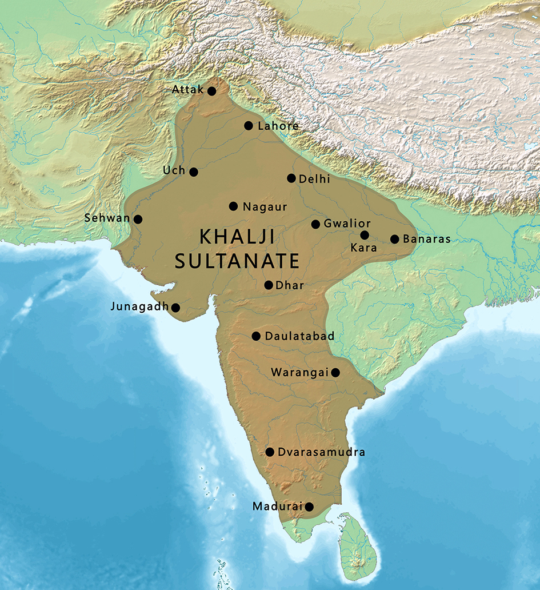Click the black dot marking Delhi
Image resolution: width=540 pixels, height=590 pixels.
[x=291, y=178]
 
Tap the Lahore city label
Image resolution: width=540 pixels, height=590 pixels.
[x=278, y=126]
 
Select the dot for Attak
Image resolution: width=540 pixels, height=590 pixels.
[x=211, y=91]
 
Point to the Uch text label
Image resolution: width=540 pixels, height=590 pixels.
[x=174, y=170]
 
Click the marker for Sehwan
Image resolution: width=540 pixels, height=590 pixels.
[x=138, y=219]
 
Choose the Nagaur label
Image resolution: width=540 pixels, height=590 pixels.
[x=265, y=207]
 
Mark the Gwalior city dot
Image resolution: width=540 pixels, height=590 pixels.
[x=315, y=224]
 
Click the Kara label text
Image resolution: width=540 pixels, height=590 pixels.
[x=364, y=248]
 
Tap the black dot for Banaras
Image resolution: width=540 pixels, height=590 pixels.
[x=394, y=239]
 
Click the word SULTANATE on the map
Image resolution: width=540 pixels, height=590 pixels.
[x=237, y=261]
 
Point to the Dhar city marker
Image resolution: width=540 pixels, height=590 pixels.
[x=269, y=285]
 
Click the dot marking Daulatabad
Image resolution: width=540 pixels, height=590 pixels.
[x=256, y=336]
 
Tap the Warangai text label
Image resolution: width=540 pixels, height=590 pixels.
[x=299, y=372]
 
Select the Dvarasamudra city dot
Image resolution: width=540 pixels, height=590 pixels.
[x=270, y=452]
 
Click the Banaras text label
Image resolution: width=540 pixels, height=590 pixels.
[x=426, y=239]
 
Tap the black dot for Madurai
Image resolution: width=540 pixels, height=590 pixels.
[x=309, y=507]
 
